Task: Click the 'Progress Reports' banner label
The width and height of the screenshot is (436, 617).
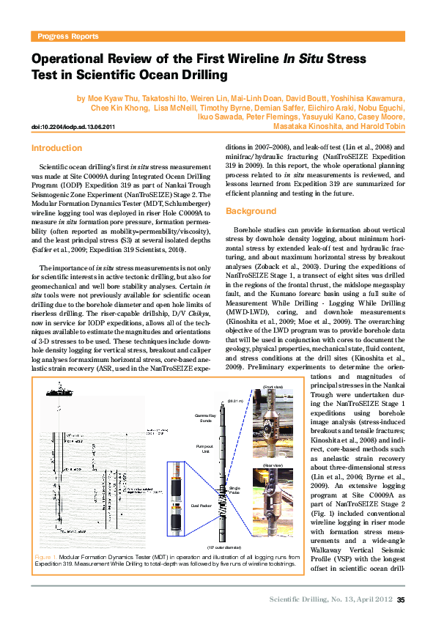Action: (68, 36)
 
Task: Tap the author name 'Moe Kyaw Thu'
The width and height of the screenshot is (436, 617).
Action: (110, 98)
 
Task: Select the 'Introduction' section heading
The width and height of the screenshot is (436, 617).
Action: (56, 148)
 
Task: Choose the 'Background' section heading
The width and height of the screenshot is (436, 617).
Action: (251, 212)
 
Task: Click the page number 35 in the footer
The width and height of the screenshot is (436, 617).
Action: (401, 600)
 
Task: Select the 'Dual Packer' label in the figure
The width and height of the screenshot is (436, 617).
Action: (200, 506)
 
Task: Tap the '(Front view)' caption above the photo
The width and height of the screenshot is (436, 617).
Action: (273, 386)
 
